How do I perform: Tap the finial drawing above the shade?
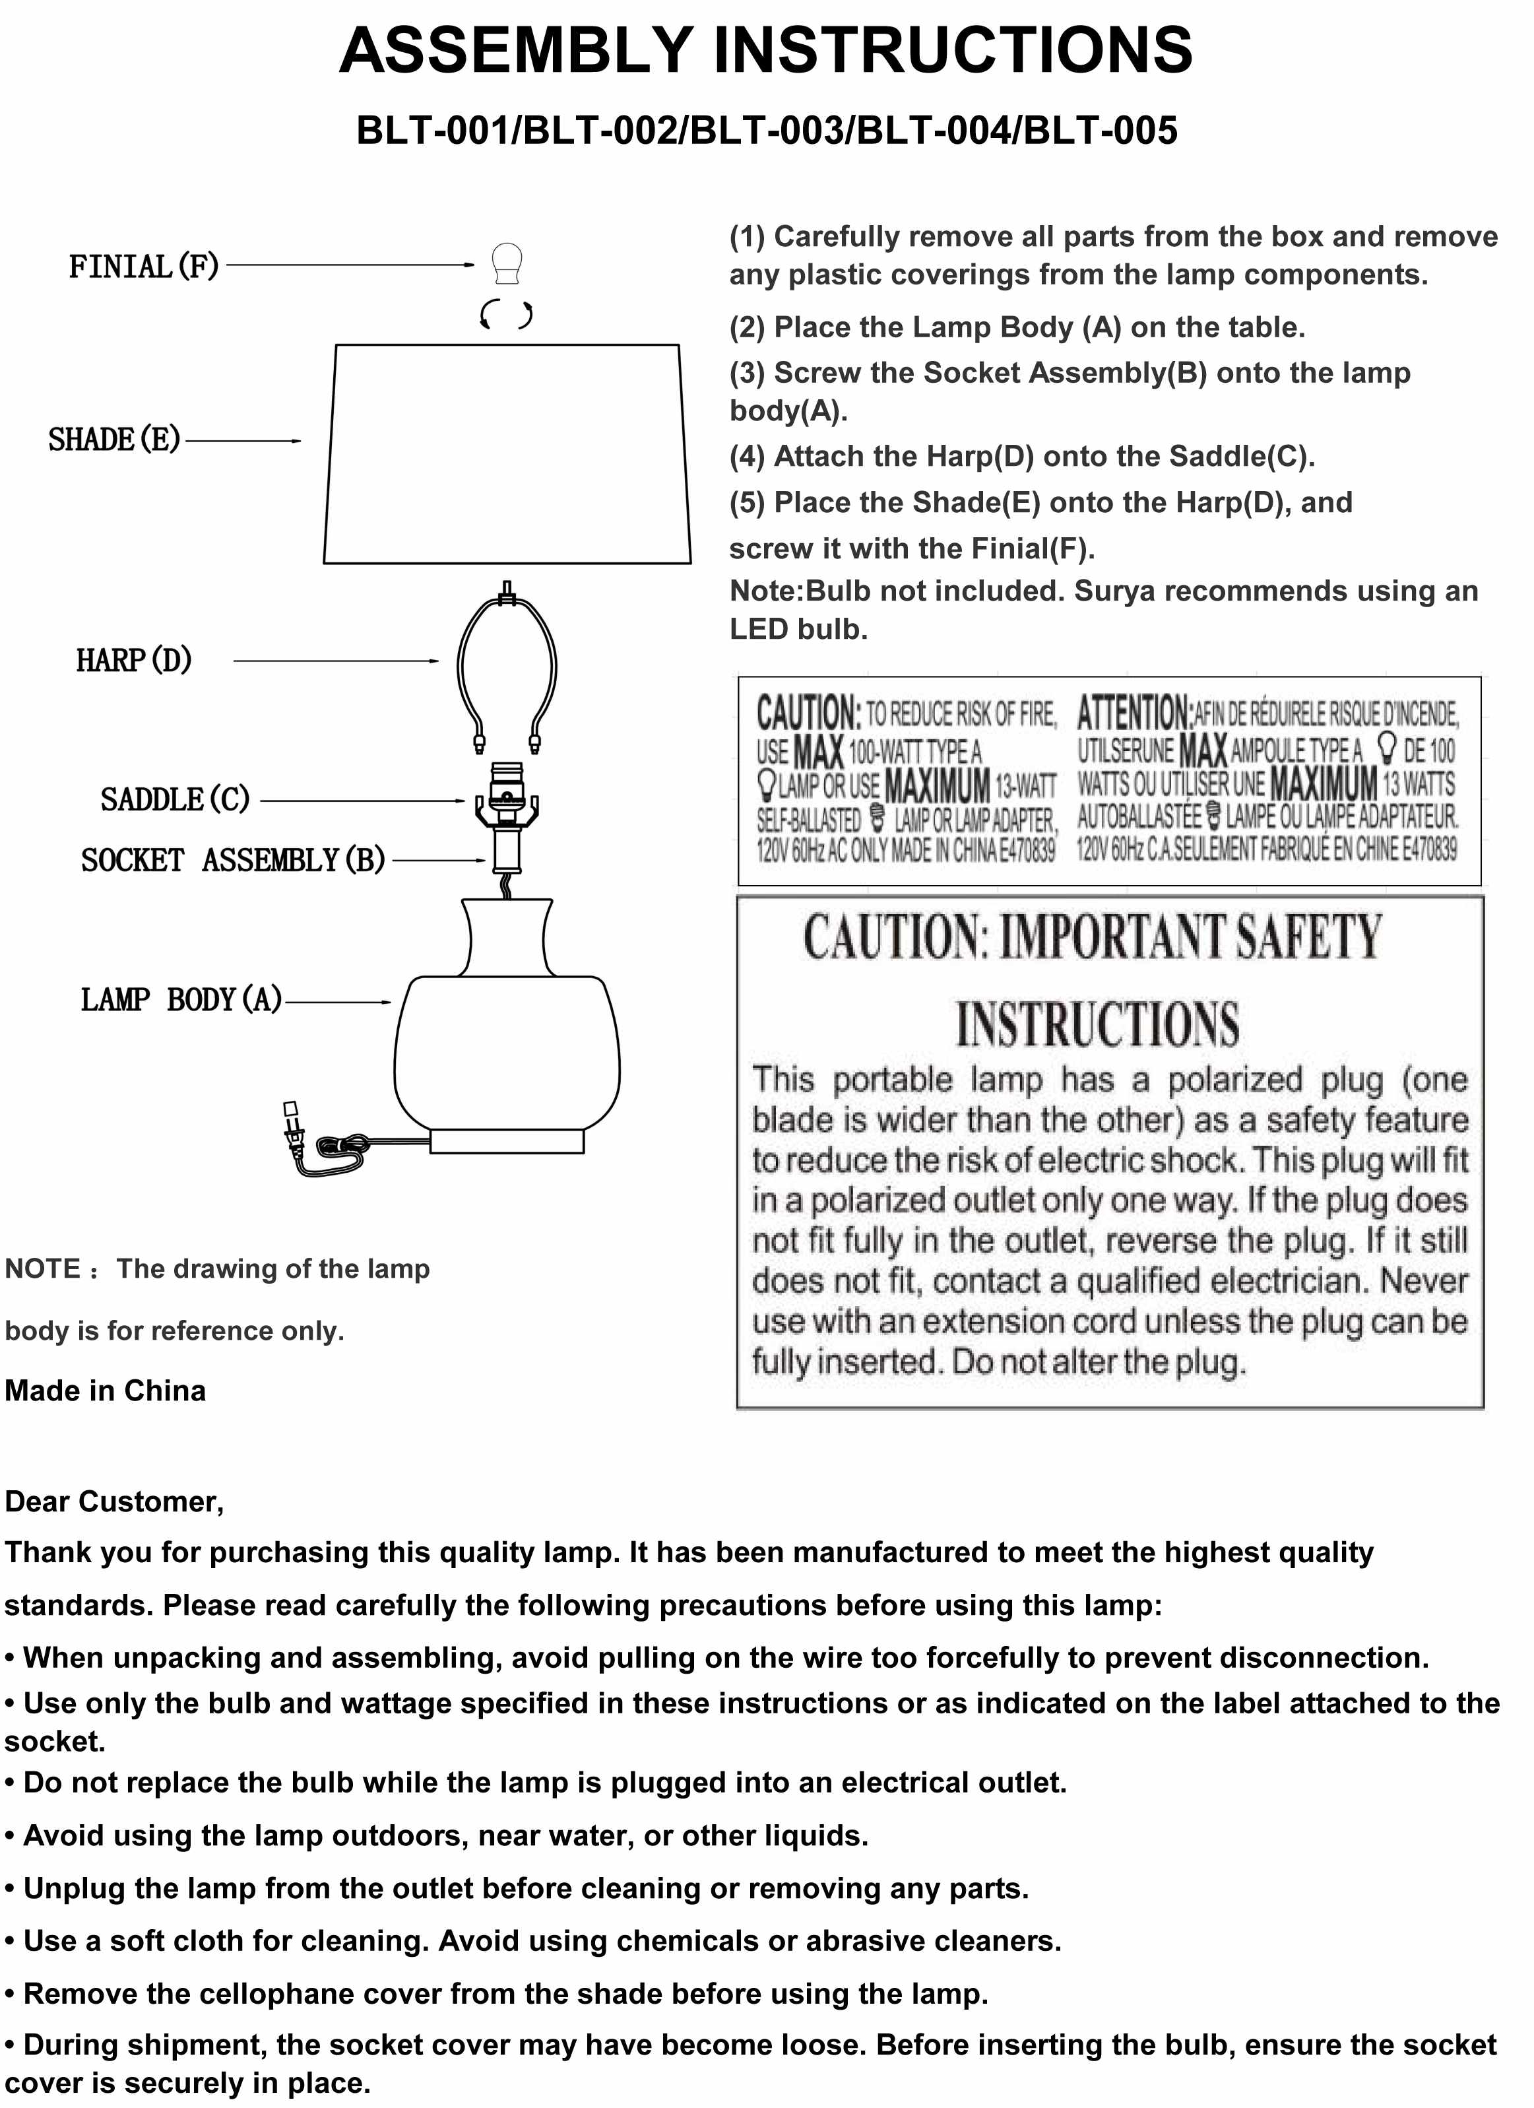click(506, 264)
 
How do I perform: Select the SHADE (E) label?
click(114, 440)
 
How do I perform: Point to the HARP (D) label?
click(134, 660)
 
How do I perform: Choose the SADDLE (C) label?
click(175, 799)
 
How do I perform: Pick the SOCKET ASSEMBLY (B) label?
click(232, 860)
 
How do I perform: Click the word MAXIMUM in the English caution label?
click(937, 786)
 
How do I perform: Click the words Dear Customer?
click(114, 1501)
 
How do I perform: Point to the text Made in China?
click(105, 1391)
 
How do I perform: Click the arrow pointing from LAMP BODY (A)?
click(339, 1002)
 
